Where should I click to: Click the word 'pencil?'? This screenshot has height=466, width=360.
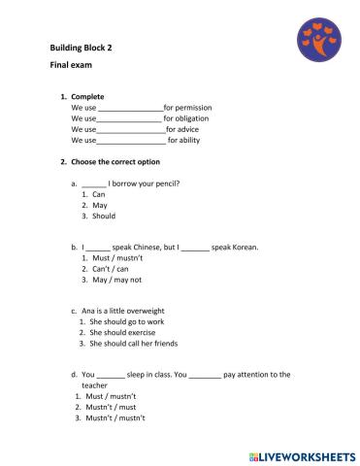point(194,183)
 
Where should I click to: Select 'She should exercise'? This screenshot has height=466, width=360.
point(126,332)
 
